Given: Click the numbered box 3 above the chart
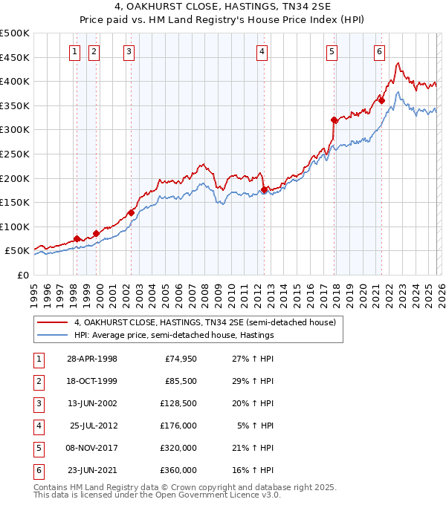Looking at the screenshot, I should [x=129, y=52].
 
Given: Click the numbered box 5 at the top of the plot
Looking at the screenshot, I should [x=331, y=52].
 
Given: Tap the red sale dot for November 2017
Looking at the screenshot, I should [x=334, y=120].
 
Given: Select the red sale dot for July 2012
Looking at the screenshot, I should [x=264, y=190].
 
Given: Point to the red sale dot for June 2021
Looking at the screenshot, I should [x=381, y=101].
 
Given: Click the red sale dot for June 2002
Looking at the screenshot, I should [x=131, y=212].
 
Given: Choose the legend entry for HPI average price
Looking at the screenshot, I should [x=174, y=336].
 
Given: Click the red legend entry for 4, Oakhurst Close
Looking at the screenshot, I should [x=205, y=322].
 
